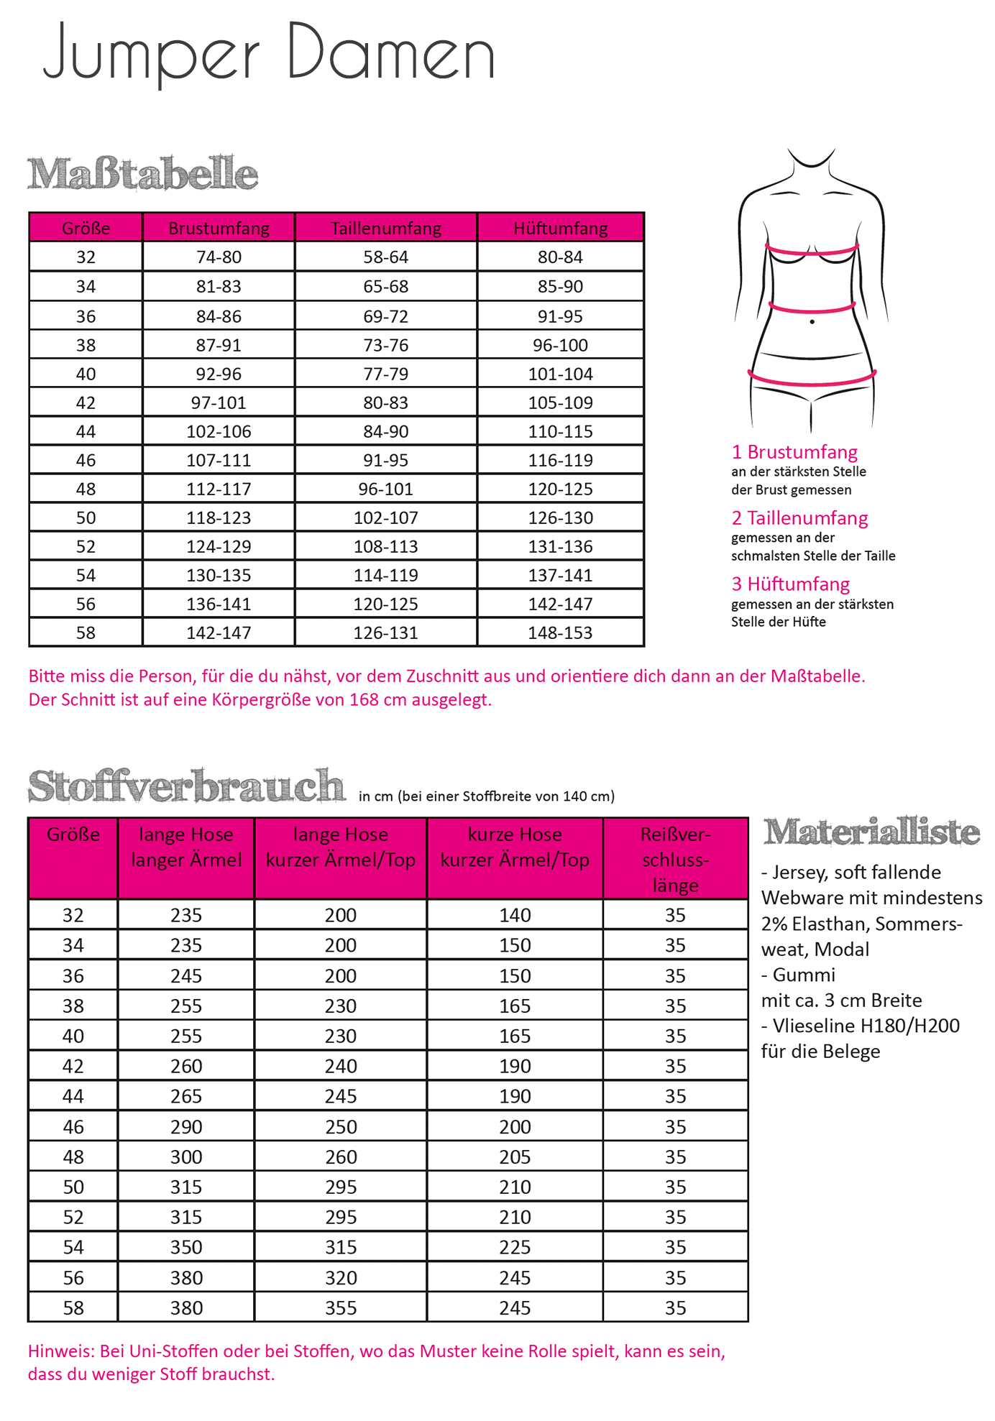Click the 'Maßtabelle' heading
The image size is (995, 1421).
coord(142,174)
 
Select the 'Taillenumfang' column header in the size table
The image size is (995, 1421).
coord(386,228)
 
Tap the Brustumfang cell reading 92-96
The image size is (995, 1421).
coord(219,374)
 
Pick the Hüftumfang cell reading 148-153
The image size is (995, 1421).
coord(560,633)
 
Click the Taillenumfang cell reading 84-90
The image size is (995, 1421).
coord(386,431)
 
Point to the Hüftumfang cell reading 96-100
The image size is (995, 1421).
coord(560,345)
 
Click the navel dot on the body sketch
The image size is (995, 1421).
coord(812,322)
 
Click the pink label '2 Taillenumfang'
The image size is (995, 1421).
coord(799,518)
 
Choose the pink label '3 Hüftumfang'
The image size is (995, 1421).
coord(790,584)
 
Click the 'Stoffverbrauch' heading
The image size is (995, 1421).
coord(186,786)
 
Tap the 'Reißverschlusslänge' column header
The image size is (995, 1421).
coord(675,859)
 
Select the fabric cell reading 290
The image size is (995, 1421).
coord(186,1126)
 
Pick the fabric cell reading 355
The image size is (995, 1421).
coord(341,1307)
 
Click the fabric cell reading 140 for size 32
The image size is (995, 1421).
coord(515,915)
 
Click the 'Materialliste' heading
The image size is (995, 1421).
coord(871,832)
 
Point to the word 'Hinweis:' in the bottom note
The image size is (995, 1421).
coord(61,1351)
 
